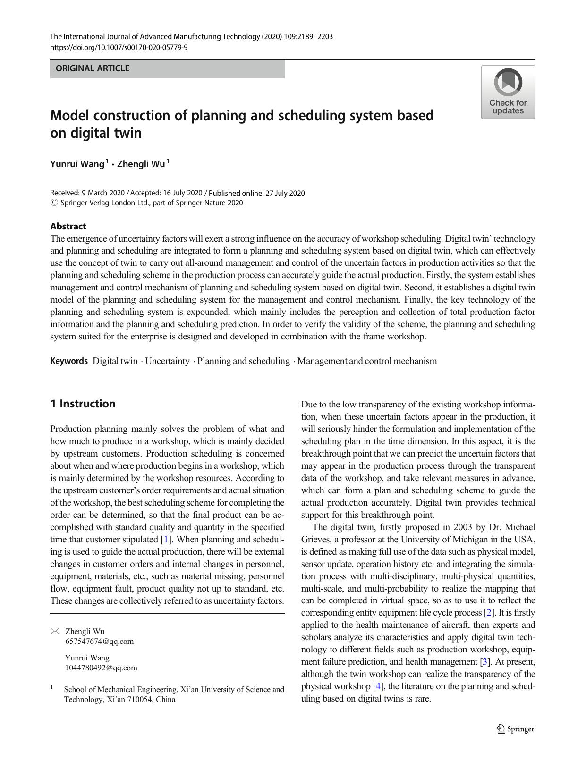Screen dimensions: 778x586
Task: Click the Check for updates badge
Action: coord(508,93)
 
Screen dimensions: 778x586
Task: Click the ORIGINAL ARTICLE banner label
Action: coord(93,68)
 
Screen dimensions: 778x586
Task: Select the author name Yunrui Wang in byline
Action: coord(77,164)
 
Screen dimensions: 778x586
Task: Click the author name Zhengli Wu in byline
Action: coord(141,164)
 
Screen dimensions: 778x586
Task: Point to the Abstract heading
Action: coord(68,226)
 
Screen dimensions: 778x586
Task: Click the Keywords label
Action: coord(69,361)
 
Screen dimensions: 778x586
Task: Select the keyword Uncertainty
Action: coord(167,361)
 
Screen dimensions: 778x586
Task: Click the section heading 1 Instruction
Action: coord(83,404)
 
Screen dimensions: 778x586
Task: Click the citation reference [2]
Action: coord(489,613)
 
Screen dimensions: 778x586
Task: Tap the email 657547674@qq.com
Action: coord(99,642)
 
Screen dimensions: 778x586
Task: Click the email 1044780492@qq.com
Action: coord(101,668)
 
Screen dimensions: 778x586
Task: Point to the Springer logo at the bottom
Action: coord(515,729)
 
